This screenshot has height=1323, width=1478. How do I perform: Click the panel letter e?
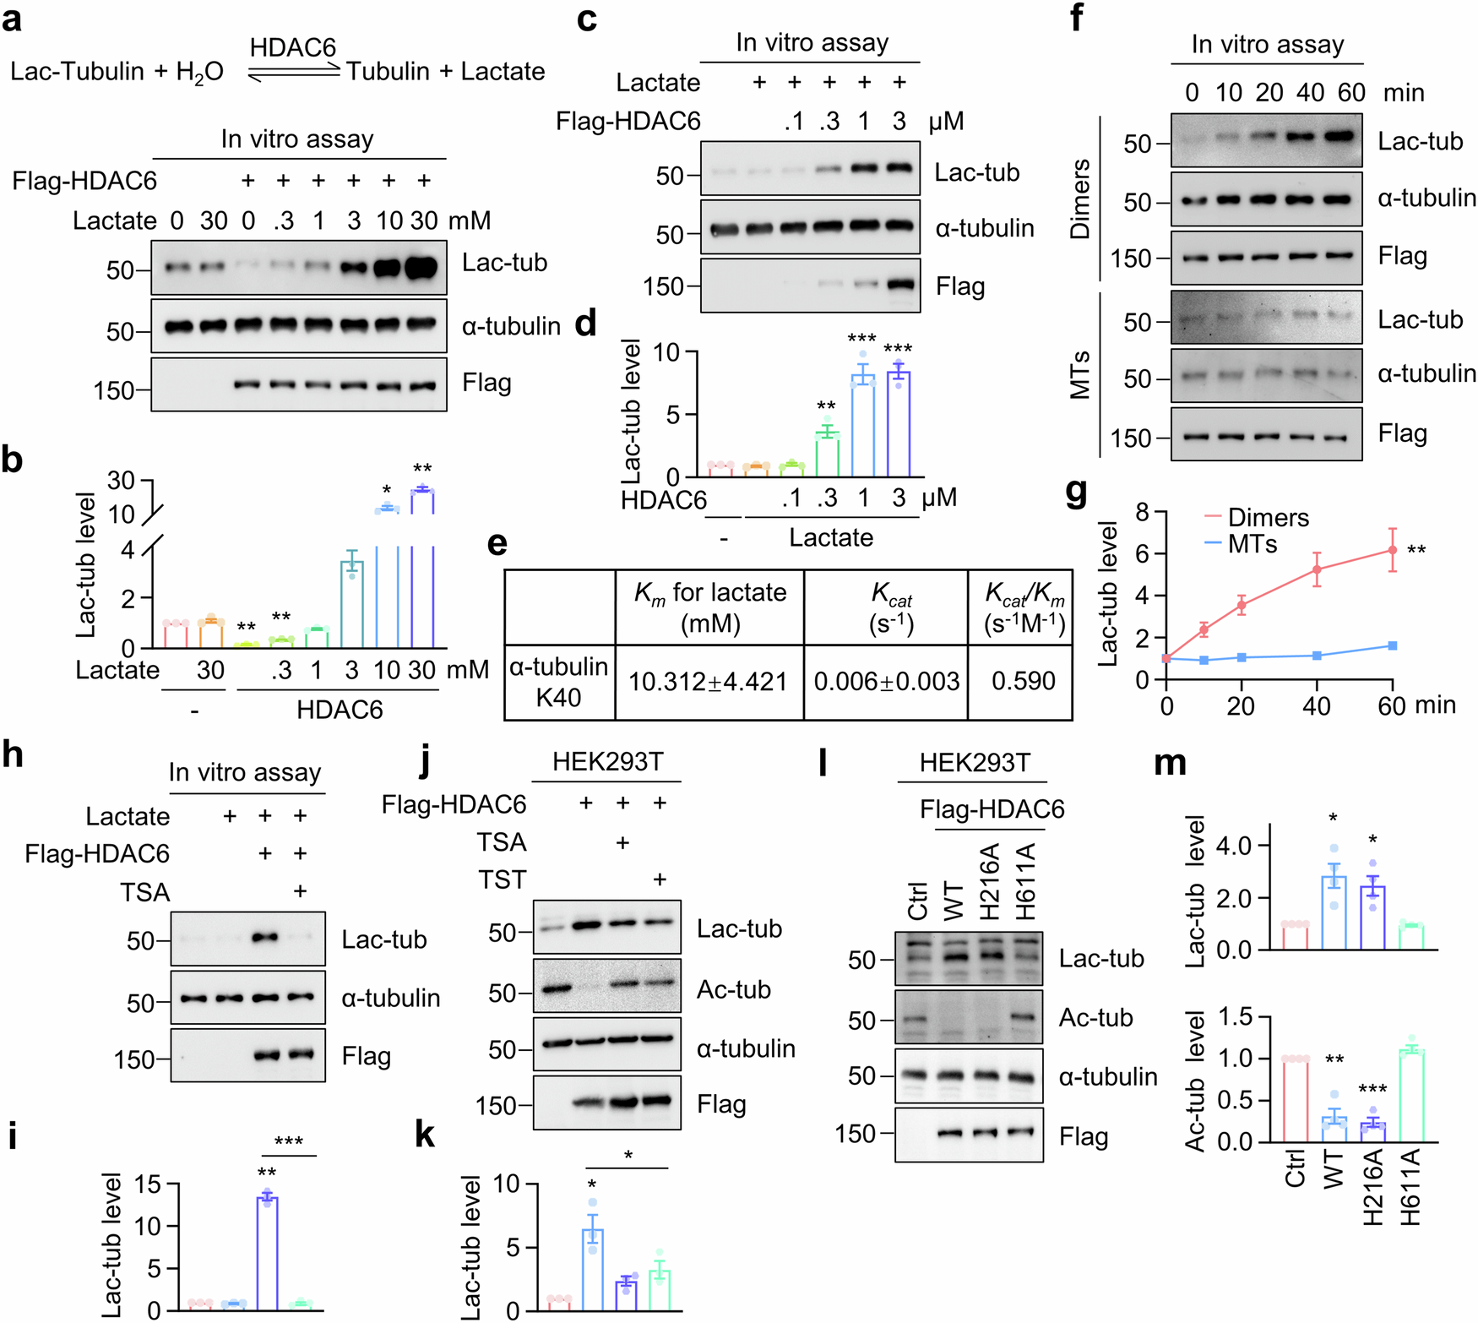point(497,542)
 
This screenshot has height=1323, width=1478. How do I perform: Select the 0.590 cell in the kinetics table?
point(1023,681)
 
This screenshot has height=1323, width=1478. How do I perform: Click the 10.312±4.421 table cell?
point(708,682)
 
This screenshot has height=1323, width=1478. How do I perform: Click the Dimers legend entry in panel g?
point(1267,517)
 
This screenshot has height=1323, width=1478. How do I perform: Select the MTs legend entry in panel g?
point(1252,544)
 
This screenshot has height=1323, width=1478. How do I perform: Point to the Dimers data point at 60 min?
point(1392,550)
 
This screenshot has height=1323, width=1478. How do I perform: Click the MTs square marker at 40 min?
point(1317,656)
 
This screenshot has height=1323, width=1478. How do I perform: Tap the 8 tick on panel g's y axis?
point(1142,512)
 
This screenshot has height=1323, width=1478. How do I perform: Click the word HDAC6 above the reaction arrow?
point(293,47)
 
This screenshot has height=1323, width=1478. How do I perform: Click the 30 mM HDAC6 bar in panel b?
point(421,574)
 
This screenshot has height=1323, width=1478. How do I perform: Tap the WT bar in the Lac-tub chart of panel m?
point(1334,912)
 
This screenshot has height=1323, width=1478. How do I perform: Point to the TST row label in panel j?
point(503,880)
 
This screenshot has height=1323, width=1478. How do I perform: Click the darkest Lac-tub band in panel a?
point(423,268)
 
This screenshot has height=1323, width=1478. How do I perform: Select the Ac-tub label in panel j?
point(733,989)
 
